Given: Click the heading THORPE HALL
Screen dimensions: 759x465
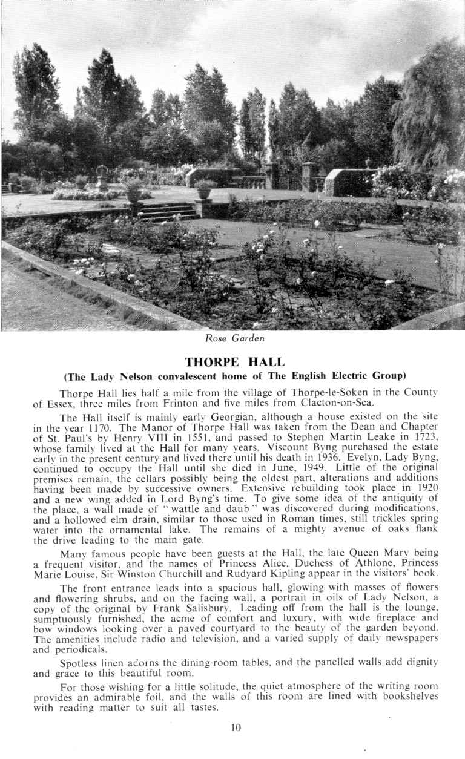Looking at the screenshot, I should pyautogui.click(x=234, y=362).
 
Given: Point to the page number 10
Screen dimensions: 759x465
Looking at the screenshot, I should pyautogui.click(x=236, y=728).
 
